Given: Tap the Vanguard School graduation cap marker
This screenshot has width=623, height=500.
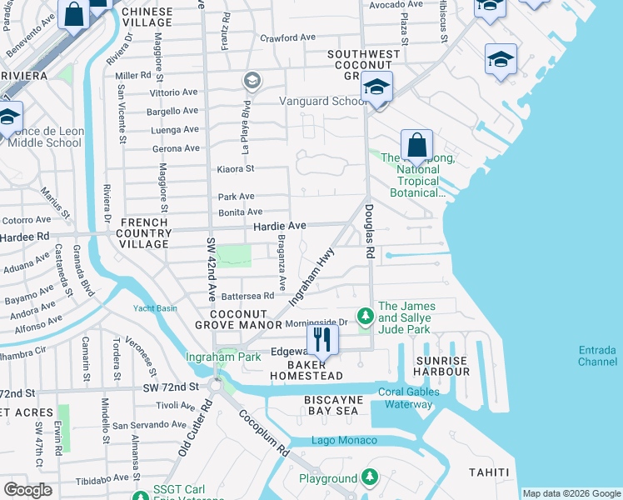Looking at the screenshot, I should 377,87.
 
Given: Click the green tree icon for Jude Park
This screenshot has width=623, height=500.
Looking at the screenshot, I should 365,316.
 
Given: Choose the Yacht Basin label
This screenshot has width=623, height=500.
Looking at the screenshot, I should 155,307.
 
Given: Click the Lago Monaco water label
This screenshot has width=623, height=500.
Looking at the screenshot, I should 344,440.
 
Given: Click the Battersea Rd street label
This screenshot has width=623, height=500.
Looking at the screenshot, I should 247,296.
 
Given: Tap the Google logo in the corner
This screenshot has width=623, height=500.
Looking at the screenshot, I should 27,489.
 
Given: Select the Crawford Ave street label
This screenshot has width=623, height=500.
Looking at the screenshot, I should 287,37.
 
